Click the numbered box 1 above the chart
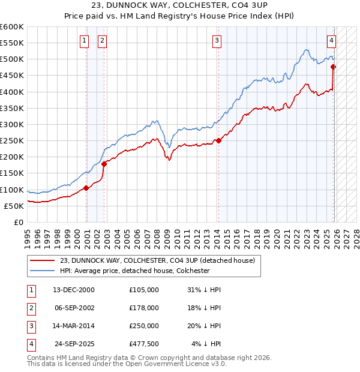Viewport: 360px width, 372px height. (84, 41)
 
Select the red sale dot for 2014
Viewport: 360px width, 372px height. (218, 141)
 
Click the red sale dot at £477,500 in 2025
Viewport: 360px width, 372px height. (334, 67)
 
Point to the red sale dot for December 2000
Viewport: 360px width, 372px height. (86, 188)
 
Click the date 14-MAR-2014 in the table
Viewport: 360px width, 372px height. (73, 326)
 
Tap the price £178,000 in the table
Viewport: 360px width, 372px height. (143, 308)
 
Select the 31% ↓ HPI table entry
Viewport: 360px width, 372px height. (204, 290)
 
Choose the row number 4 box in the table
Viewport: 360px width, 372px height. (31, 344)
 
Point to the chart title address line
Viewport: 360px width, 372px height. (180, 6)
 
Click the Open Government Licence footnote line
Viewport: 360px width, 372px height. (127, 364)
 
